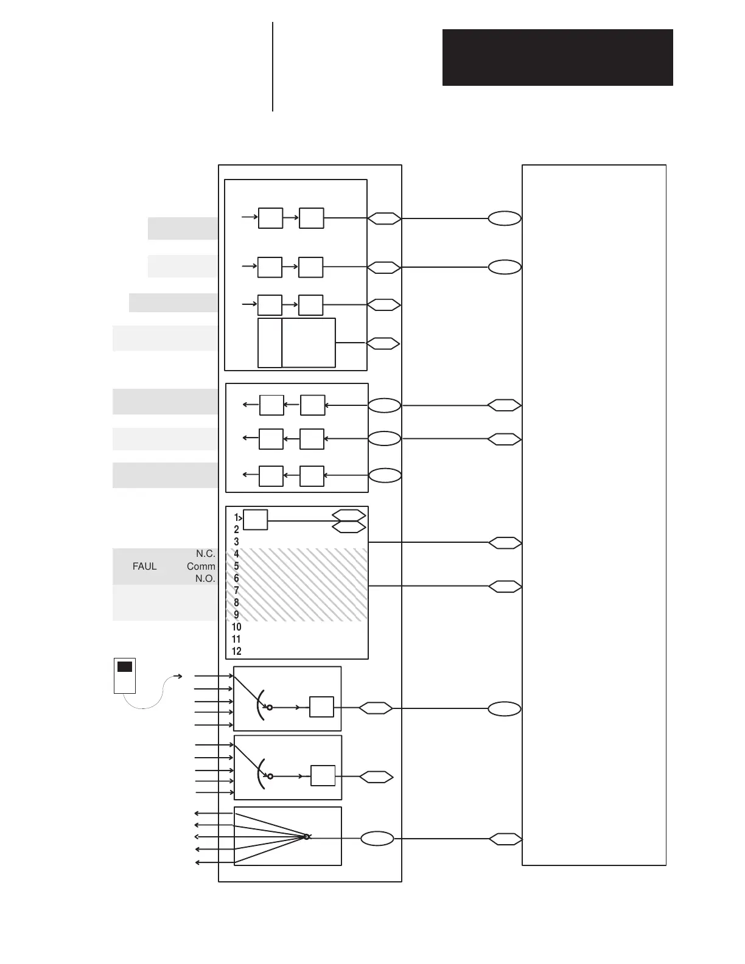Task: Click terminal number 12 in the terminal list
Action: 237,651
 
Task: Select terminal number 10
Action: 237,627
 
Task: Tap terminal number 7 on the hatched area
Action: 237,590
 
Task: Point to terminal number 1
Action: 236,517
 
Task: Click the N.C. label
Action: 206,554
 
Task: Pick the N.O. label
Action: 206,579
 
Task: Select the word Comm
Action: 201,566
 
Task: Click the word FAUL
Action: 145,566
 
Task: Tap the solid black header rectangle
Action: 558,57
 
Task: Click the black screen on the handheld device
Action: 125,667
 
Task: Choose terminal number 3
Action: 237,542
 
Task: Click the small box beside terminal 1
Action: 256,520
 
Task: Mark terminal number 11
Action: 236,639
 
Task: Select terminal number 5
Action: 237,566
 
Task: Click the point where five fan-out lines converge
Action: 307,837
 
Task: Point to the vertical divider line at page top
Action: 273,67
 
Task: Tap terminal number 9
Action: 237,615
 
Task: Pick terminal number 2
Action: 237,529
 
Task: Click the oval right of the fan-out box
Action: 377,839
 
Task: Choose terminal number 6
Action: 237,578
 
